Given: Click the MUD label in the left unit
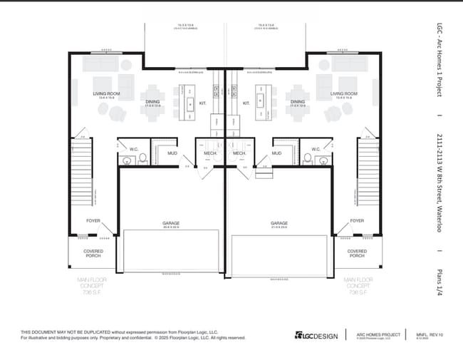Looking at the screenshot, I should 172,153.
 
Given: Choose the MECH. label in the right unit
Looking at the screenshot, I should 239,153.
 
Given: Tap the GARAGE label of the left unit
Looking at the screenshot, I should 171,223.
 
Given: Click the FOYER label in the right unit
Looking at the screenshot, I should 357,221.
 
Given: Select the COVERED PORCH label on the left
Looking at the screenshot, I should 93,254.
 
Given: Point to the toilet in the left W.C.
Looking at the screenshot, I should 142,158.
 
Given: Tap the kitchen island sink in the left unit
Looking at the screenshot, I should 190,104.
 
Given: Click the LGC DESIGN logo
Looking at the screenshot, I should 314,335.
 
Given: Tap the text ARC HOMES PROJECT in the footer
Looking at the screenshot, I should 377,333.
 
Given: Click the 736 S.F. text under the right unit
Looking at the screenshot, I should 358,292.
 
